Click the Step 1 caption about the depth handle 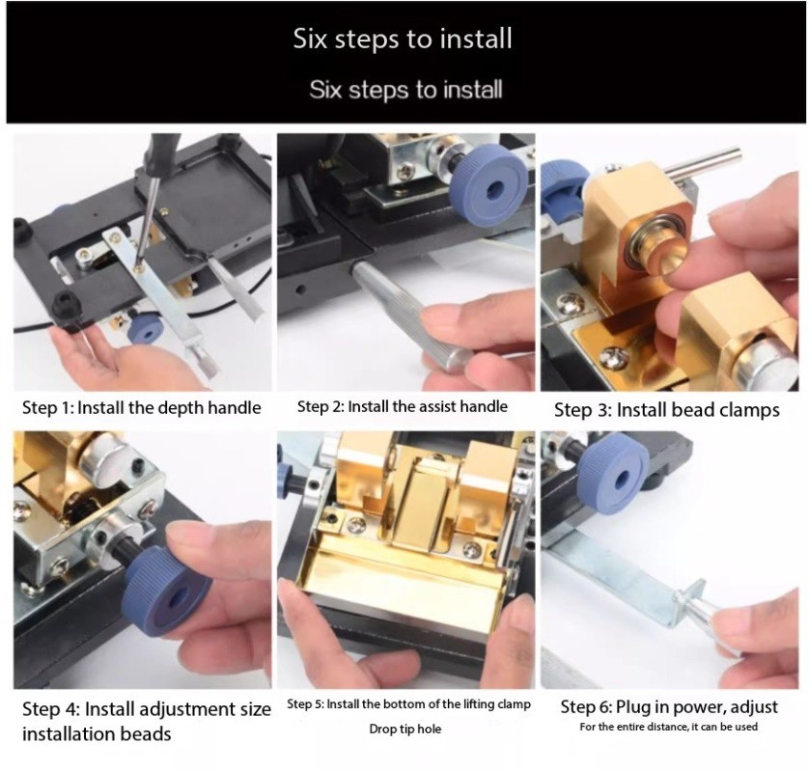[x=141, y=408]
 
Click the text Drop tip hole [x=405, y=729]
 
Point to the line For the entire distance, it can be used [x=669, y=727]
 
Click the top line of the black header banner [x=403, y=39]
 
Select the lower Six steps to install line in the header [x=405, y=90]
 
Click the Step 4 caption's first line [x=147, y=709]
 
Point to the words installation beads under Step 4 [x=97, y=733]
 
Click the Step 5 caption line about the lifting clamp [x=408, y=704]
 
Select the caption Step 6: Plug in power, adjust [x=669, y=706]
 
